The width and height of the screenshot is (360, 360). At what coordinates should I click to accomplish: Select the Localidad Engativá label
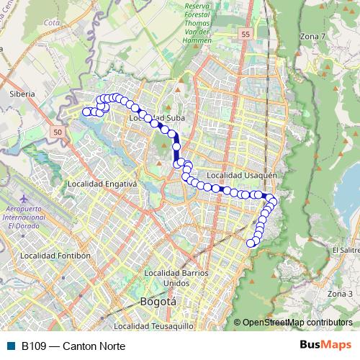coord(102,184)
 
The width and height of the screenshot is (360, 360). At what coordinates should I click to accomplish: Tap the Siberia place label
coord(22,94)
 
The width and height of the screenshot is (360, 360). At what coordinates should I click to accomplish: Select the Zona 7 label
coord(312,36)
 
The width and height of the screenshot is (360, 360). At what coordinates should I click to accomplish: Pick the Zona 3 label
coord(340,294)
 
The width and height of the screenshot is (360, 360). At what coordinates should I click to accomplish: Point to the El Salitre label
coord(345,250)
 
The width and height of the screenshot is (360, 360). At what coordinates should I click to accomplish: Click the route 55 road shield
coord(246,34)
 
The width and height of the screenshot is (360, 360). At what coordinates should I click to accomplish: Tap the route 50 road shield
coord(58,132)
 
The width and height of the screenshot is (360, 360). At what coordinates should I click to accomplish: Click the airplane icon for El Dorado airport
coord(25,198)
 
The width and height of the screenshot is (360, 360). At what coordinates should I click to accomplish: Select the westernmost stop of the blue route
coord(86,112)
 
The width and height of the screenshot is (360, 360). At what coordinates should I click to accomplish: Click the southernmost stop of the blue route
coord(251,243)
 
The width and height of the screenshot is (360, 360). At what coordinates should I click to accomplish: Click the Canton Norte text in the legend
coord(94,346)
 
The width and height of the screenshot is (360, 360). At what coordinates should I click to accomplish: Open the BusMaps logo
coord(325,345)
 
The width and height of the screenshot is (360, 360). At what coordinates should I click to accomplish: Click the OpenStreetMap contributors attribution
coord(297,322)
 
